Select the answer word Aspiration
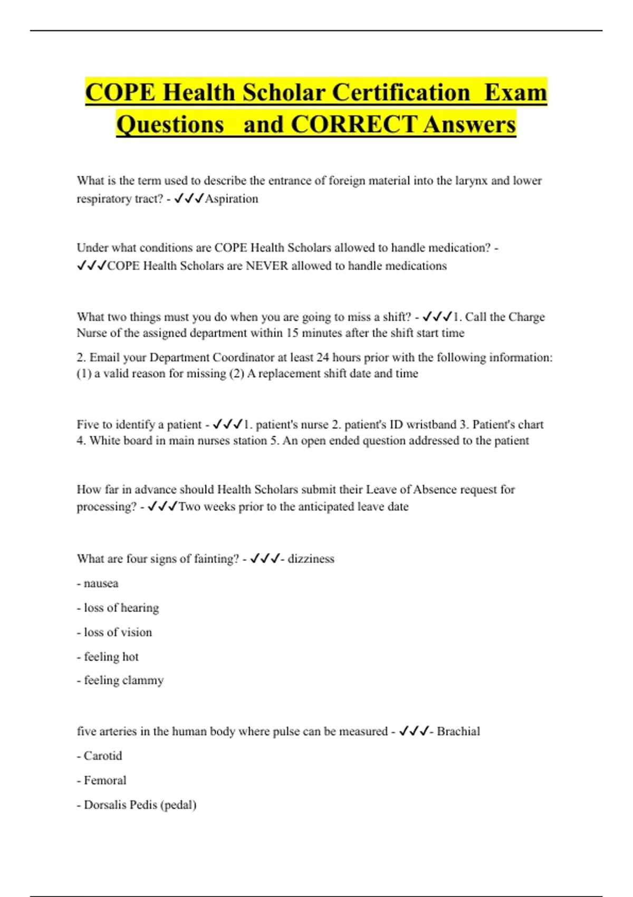click(232, 199)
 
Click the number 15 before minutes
click(293, 333)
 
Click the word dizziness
click(311, 559)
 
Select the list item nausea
click(101, 584)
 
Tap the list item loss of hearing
click(121, 608)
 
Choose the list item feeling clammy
click(123, 681)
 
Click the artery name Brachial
click(458, 731)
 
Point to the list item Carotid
click(102, 756)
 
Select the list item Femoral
click(105, 780)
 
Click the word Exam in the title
click(515, 92)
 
